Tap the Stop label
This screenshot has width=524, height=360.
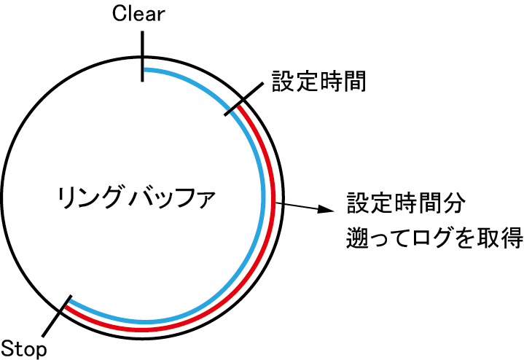click(x=24, y=348)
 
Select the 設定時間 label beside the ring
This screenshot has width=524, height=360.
click(x=318, y=81)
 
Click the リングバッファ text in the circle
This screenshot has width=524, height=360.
click(x=137, y=197)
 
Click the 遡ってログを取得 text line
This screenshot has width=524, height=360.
click(x=434, y=238)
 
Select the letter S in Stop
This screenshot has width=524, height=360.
click(x=8, y=348)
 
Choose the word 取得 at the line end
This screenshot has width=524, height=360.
click(x=505, y=238)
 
